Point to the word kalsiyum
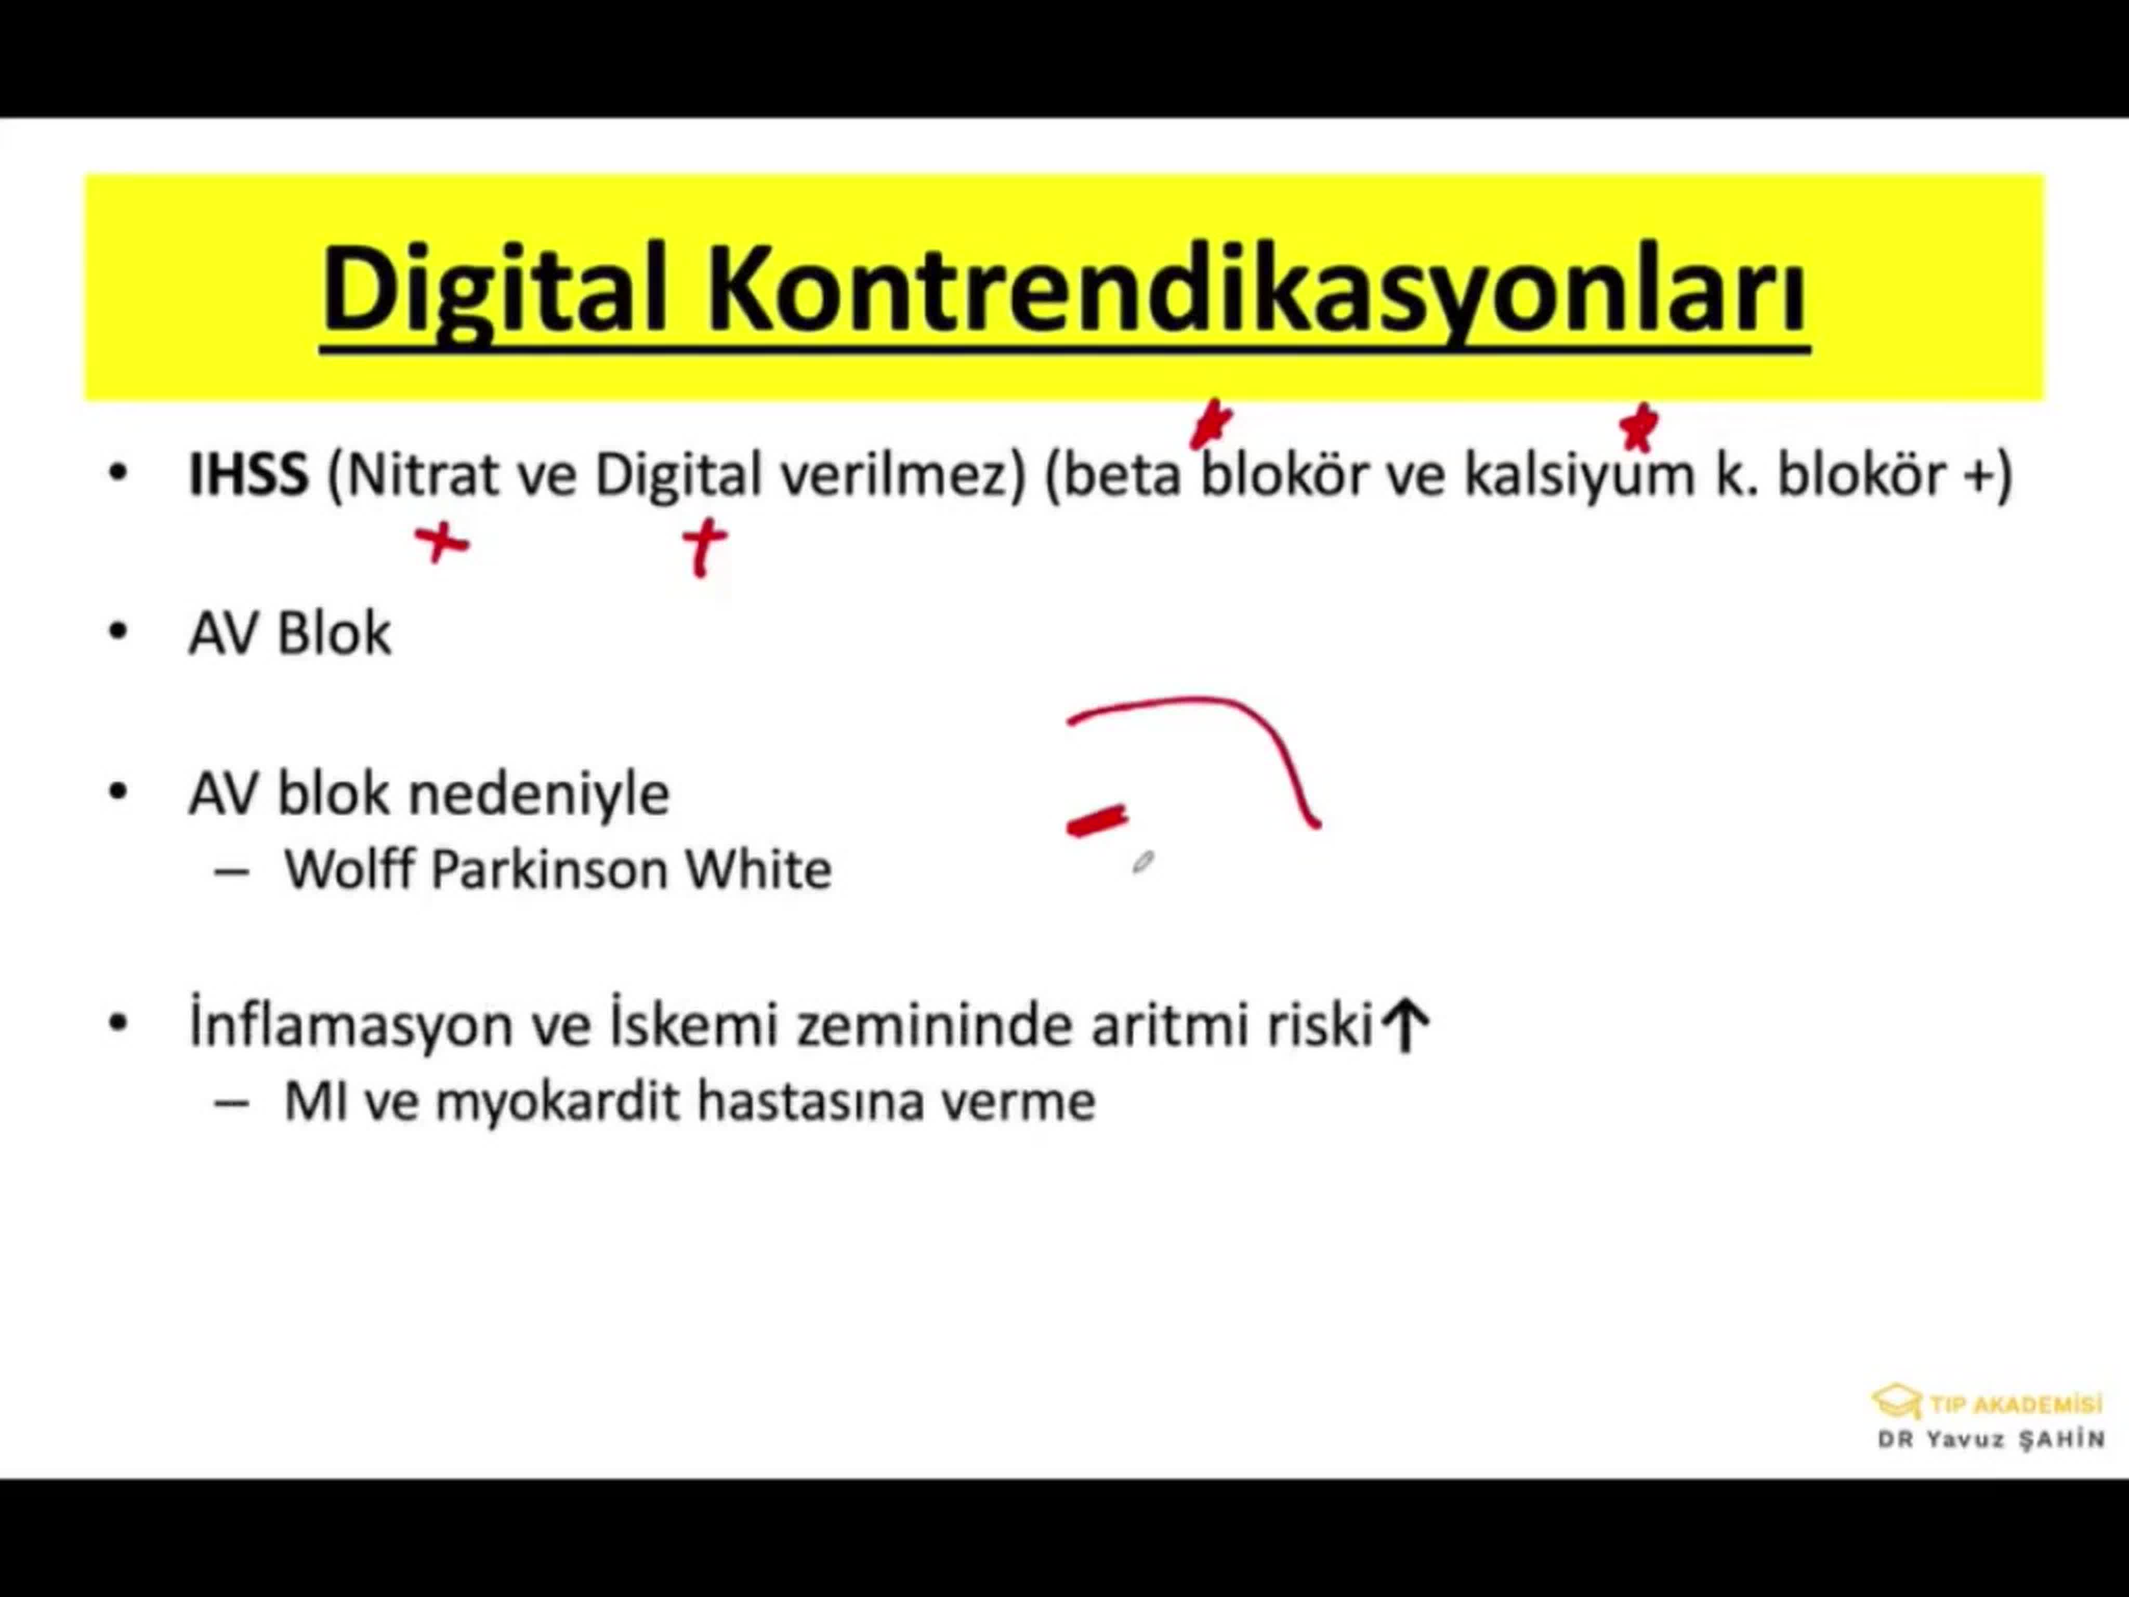[x=1579, y=476]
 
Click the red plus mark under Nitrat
[x=442, y=544]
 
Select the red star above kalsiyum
[x=1638, y=427]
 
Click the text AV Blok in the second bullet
[x=290, y=633]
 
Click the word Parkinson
[x=548, y=869]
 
